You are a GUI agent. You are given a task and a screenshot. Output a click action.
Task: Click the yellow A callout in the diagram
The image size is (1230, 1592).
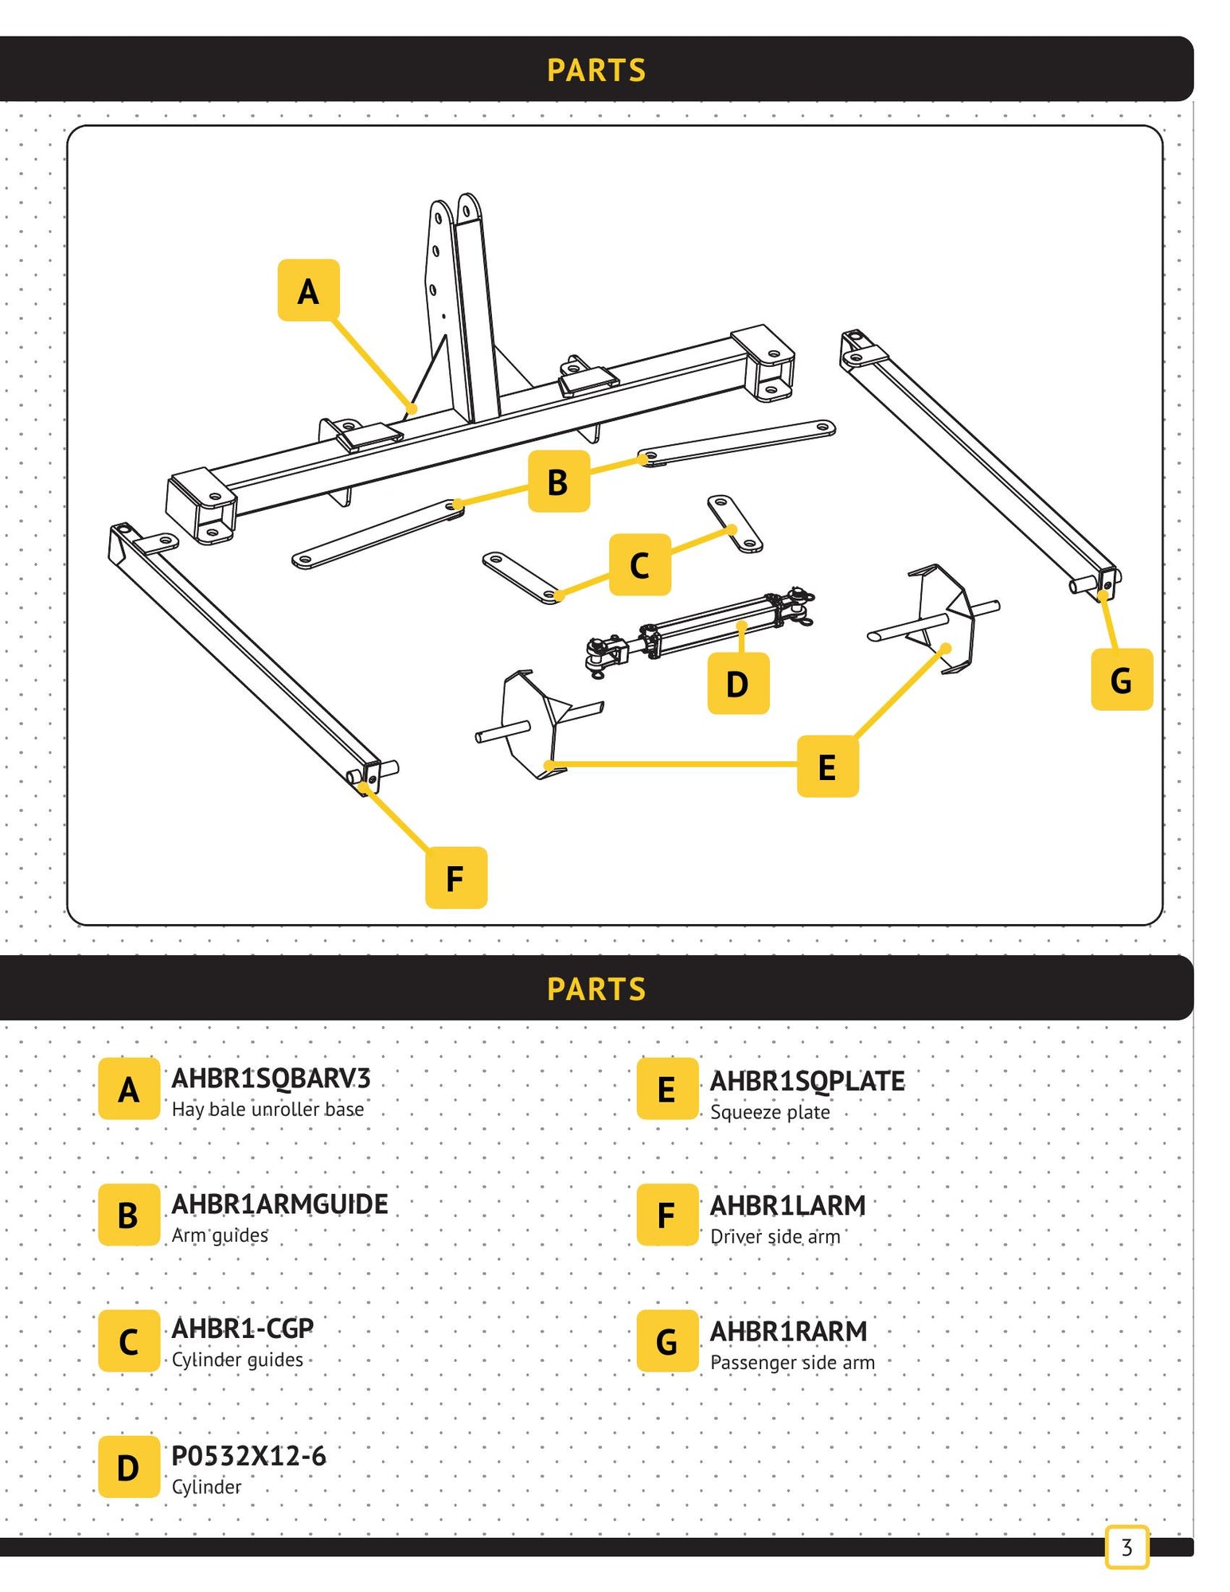(308, 291)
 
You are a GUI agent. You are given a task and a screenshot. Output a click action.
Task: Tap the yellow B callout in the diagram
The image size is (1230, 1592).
(558, 482)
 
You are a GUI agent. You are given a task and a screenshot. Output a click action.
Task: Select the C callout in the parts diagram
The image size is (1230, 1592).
(639, 565)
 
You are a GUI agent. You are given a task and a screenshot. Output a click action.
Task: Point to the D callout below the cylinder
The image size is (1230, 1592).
(738, 683)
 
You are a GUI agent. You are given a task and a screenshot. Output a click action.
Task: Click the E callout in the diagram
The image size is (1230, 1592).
(827, 767)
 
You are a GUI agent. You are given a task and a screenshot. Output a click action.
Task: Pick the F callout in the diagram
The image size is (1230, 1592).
(455, 878)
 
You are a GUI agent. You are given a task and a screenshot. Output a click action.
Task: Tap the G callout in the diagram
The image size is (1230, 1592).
(1121, 680)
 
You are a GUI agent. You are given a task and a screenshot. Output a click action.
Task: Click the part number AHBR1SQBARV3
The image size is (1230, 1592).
(271, 1079)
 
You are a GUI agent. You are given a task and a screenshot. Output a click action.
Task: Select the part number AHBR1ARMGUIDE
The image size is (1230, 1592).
(279, 1204)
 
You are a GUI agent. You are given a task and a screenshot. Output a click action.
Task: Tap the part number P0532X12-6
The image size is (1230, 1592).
(248, 1456)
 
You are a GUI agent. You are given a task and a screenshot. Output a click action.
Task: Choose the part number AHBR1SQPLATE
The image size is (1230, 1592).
(807, 1081)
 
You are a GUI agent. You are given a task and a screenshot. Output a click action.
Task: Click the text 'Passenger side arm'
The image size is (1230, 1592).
(792, 1363)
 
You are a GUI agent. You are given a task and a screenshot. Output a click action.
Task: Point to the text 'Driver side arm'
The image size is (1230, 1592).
(775, 1237)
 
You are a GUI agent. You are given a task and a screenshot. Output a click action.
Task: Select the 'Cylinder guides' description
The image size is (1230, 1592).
(237, 1360)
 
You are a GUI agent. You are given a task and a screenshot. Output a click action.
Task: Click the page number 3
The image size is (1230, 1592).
(1127, 1547)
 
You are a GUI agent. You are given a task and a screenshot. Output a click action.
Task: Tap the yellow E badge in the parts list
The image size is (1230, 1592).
(667, 1089)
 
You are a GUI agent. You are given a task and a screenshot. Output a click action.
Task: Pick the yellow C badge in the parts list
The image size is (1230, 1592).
(129, 1341)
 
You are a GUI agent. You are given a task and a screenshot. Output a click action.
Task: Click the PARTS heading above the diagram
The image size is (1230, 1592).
(596, 70)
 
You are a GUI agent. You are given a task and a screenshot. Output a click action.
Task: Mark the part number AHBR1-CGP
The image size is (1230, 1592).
(242, 1329)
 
